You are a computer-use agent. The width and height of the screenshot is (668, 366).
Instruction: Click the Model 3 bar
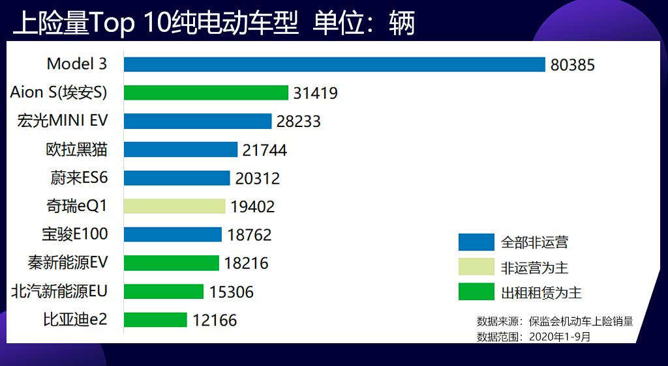pyautogui.click(x=334, y=64)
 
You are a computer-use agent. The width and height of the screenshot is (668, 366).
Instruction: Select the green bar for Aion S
pyautogui.click(x=206, y=93)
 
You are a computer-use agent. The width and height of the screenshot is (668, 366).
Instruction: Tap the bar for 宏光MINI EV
pyautogui.click(x=198, y=121)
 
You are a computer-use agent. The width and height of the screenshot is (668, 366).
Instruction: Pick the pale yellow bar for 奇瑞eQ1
pyautogui.click(x=174, y=206)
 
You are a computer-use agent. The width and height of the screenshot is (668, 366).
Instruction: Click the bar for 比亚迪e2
pyautogui.click(x=155, y=320)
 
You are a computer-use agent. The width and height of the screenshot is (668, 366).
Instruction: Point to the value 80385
pyautogui.click(x=573, y=65)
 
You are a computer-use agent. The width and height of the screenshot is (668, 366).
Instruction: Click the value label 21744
pyautogui.click(x=265, y=150)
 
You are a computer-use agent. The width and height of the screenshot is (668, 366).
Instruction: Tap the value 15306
pyautogui.click(x=232, y=292)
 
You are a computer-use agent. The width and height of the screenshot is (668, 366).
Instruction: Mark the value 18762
pyautogui.click(x=249, y=235)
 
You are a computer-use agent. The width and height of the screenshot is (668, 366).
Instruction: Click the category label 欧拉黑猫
pyautogui.click(x=76, y=150)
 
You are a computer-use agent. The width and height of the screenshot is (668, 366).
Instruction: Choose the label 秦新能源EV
pyautogui.click(x=67, y=263)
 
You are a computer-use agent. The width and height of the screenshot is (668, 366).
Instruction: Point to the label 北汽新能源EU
pyautogui.click(x=59, y=291)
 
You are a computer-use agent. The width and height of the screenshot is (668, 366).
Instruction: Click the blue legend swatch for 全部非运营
pyautogui.click(x=476, y=242)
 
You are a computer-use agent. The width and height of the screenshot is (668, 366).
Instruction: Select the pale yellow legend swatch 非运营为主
pyautogui.click(x=476, y=267)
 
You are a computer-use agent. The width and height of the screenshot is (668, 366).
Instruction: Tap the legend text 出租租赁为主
pyautogui.click(x=541, y=292)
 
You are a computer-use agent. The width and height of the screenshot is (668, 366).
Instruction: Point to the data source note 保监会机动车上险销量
pyautogui.click(x=581, y=321)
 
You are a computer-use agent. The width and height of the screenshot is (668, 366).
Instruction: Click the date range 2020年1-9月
pyautogui.click(x=560, y=337)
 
